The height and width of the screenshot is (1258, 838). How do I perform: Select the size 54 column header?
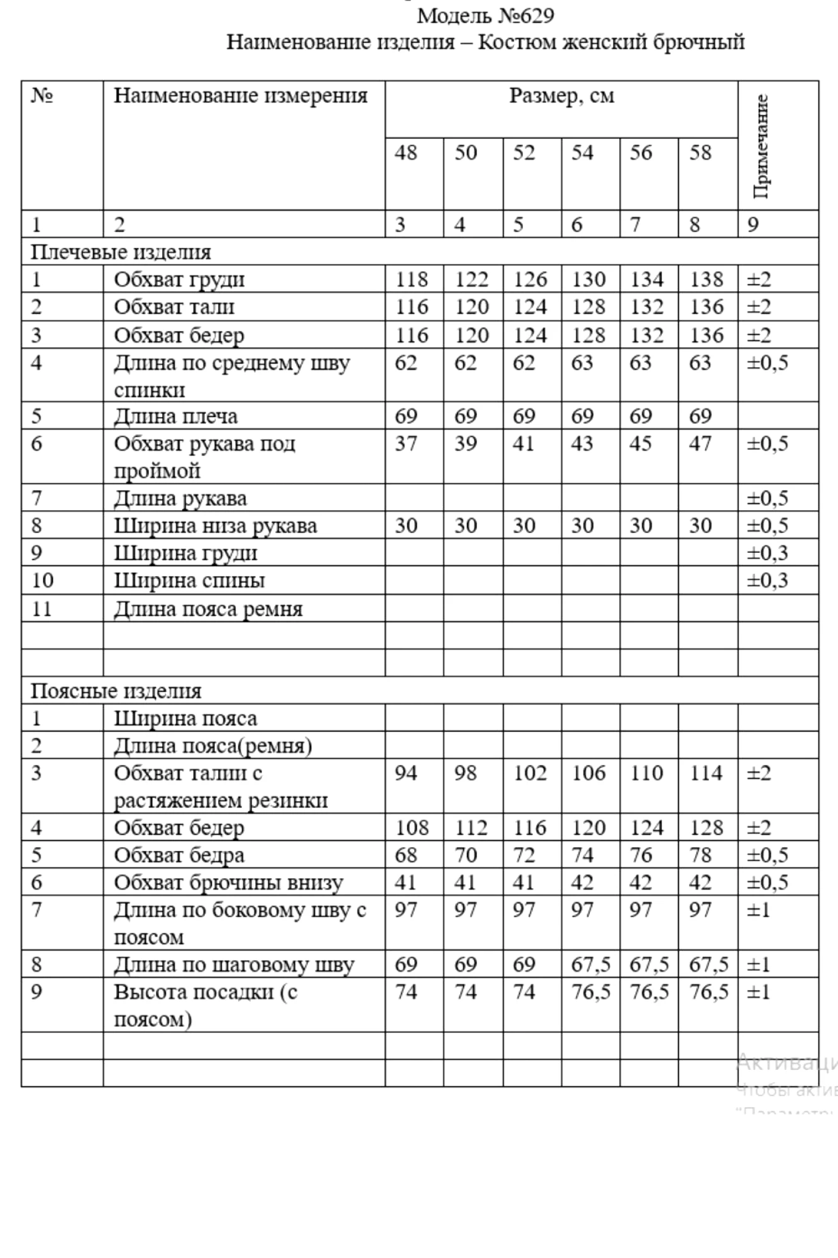point(582,153)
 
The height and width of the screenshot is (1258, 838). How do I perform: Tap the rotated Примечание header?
point(761,146)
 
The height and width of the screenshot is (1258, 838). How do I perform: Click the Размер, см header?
point(561,96)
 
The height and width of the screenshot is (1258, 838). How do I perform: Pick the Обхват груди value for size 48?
point(411,279)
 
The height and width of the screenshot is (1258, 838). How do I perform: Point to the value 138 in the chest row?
point(706,279)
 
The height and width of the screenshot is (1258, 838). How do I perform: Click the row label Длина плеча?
point(175,416)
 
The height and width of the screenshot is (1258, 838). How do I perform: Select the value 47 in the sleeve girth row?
point(700,444)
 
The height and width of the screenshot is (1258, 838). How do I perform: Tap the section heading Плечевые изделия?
point(121,252)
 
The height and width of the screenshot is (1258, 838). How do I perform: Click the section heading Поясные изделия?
point(116,691)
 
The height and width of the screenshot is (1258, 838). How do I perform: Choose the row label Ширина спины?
point(189,581)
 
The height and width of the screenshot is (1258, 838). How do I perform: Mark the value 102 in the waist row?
point(530,773)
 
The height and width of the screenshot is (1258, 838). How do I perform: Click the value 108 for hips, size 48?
point(411,828)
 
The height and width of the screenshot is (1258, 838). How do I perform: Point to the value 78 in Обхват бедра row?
point(700,855)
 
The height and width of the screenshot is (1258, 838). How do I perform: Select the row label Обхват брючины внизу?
point(228,883)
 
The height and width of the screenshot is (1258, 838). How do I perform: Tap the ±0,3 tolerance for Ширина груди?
point(767,554)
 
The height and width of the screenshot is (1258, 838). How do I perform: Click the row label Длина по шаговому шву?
point(234,965)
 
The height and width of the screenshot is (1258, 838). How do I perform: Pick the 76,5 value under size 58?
point(708,993)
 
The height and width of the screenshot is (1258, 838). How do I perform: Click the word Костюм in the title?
point(517,42)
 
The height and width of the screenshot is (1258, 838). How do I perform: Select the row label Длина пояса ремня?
point(208,609)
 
